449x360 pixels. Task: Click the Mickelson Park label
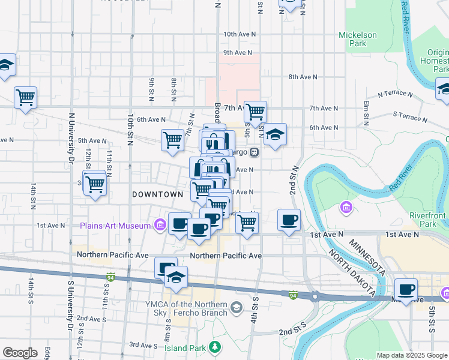(x=357, y=39)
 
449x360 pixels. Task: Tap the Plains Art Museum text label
(x=116, y=226)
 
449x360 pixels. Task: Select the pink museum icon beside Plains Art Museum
(x=159, y=226)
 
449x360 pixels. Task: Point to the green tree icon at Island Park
(x=214, y=347)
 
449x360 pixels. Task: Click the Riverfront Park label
(x=428, y=220)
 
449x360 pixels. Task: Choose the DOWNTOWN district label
(x=157, y=194)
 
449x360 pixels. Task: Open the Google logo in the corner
(x=20, y=353)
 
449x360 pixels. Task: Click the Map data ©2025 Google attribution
(x=412, y=355)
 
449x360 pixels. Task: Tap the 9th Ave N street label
(x=237, y=53)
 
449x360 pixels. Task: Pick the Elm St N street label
(x=366, y=108)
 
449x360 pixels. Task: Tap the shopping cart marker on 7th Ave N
(x=256, y=111)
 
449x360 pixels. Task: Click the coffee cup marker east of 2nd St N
(x=289, y=220)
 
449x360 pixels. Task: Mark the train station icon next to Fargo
(x=255, y=152)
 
